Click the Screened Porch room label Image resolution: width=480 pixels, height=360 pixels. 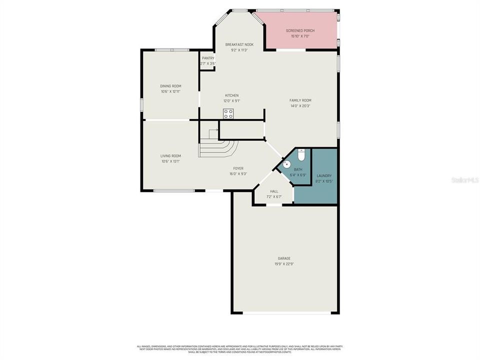(x=300, y=30)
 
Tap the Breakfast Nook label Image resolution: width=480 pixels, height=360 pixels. (x=239, y=44)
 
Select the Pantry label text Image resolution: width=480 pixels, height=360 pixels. (x=208, y=58)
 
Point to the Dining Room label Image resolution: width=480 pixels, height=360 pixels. (x=170, y=86)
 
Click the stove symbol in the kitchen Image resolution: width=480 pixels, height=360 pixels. (x=228, y=113)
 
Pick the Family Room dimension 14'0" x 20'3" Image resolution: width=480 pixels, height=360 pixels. (x=300, y=106)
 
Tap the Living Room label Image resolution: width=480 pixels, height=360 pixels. (x=170, y=155)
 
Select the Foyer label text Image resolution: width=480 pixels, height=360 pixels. (x=238, y=168)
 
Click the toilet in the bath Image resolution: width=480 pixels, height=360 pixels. (x=301, y=155)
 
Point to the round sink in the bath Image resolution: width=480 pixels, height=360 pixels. (x=286, y=164)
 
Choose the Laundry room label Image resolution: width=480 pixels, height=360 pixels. (x=324, y=175)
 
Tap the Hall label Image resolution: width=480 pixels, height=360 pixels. (x=274, y=191)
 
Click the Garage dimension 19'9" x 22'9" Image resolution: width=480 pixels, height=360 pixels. (x=284, y=264)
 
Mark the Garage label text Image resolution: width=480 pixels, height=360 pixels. (x=284, y=258)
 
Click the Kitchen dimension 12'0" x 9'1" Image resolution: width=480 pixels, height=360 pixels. (x=231, y=101)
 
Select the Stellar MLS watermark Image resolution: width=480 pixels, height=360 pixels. (x=464, y=179)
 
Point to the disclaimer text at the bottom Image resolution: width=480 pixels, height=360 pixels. (x=239, y=349)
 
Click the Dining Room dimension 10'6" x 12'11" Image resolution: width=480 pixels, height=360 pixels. (x=170, y=91)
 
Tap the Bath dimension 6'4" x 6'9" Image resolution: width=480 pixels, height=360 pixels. (x=298, y=175)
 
